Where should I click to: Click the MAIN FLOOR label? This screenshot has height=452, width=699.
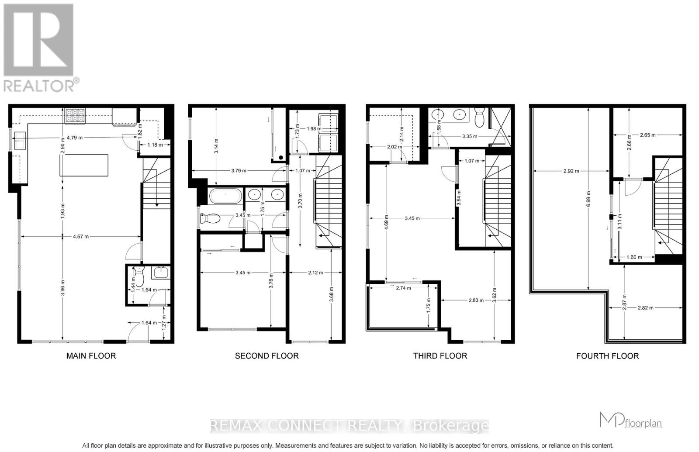click(91, 356)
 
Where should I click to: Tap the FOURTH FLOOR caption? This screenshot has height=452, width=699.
click(607, 356)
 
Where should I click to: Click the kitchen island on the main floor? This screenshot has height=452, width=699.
click(84, 165)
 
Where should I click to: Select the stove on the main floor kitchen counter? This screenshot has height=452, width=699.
click(75, 116)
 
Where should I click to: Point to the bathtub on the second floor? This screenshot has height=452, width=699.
click(225, 196)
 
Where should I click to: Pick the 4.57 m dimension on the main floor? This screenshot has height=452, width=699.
click(80, 237)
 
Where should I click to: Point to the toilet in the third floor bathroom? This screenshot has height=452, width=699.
click(479, 116)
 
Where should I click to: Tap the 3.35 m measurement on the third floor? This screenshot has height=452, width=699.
click(470, 136)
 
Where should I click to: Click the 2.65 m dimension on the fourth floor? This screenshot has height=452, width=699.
click(647, 135)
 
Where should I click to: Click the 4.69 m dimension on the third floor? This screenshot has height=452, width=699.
click(386, 219)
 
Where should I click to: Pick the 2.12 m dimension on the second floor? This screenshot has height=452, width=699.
click(315, 273)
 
